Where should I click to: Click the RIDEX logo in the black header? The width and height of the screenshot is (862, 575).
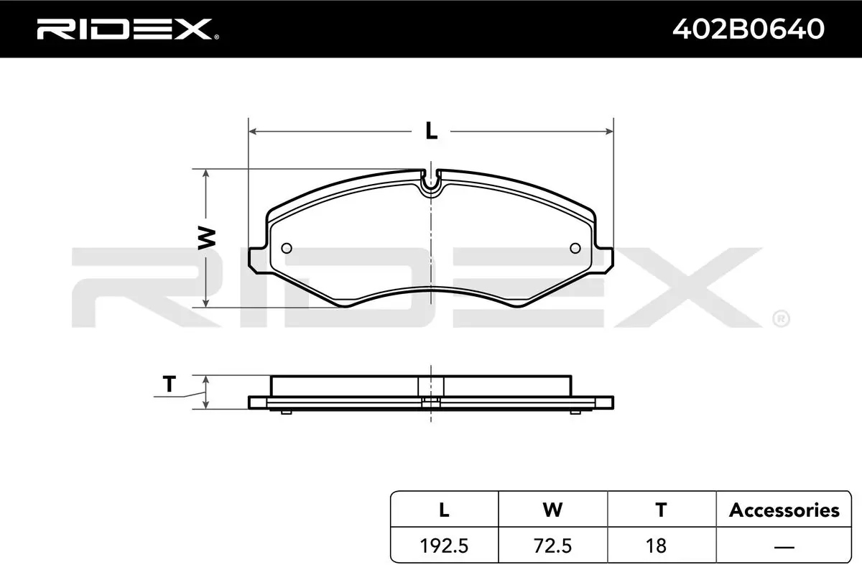[127, 29]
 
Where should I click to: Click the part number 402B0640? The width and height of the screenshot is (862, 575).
[748, 29]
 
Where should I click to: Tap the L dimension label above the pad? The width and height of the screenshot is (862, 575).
[432, 131]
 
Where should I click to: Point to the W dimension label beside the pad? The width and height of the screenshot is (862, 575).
[207, 239]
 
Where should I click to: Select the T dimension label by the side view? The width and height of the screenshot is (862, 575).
[170, 384]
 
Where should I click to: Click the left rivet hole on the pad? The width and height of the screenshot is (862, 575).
[287, 249]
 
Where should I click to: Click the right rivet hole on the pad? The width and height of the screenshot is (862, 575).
[575, 249]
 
